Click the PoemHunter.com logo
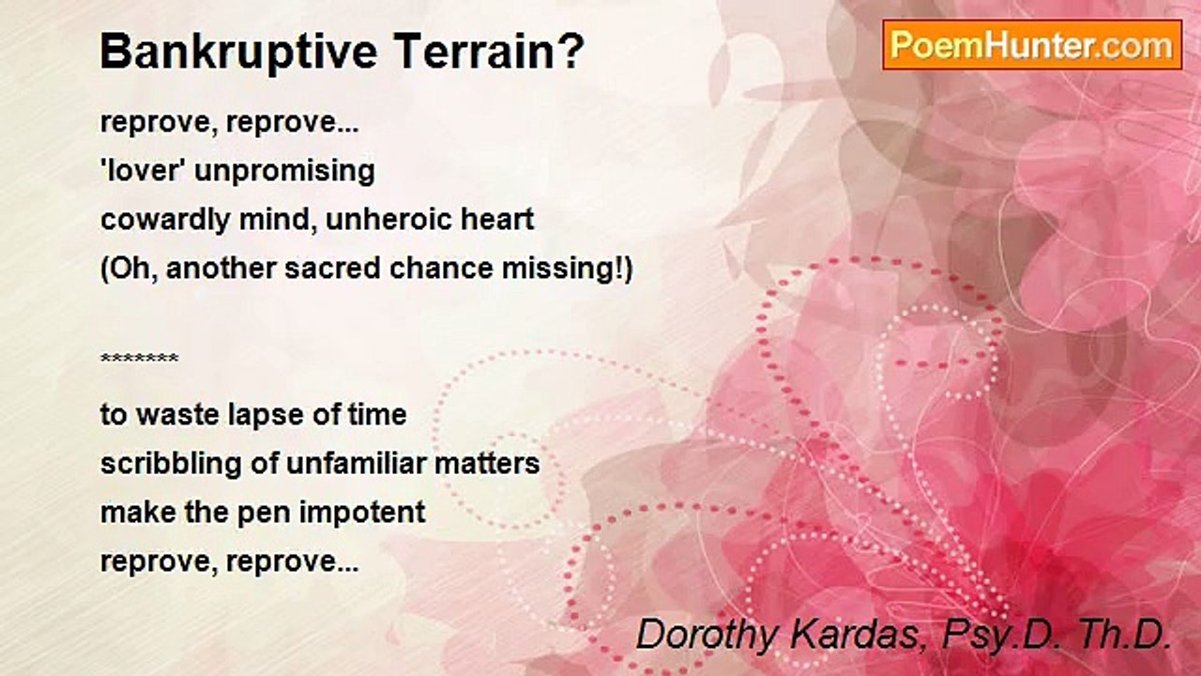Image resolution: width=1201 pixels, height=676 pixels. pos(1032,44)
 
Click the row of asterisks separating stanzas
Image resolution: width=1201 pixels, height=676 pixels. pos(139,360)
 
